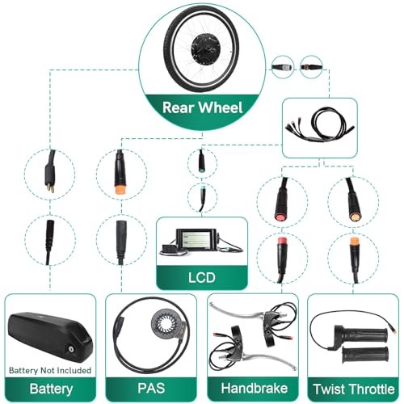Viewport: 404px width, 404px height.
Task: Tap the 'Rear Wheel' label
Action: click(203, 107)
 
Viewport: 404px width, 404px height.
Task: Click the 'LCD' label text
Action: click(202, 277)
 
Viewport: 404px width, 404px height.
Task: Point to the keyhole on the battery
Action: click(71, 349)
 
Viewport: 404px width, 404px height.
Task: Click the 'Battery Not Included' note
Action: click(50, 370)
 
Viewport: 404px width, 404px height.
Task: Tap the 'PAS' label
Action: click(151, 388)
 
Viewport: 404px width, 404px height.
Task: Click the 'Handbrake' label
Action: click(255, 388)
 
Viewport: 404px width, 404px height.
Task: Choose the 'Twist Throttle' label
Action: click(354, 389)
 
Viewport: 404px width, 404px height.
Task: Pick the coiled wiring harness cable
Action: click(320, 124)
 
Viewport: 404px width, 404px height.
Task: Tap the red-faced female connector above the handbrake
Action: click(281, 200)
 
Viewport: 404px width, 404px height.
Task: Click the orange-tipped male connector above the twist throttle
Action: click(354, 259)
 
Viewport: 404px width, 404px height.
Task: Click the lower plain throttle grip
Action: click(365, 355)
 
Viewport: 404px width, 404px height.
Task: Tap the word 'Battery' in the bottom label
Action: click(51, 389)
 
